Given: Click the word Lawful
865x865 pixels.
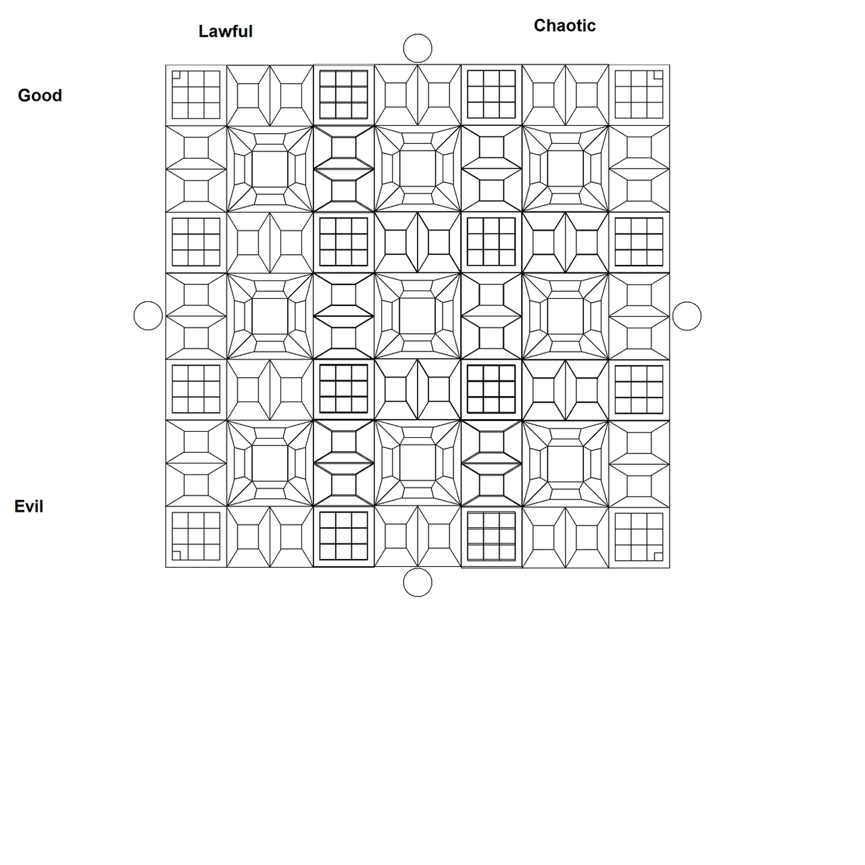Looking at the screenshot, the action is [225, 31].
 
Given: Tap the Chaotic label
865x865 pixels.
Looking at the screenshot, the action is [565, 26].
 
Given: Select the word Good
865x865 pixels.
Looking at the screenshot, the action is [40, 95].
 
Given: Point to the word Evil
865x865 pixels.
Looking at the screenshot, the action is [29, 506].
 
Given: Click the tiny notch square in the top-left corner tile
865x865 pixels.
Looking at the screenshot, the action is [176, 74].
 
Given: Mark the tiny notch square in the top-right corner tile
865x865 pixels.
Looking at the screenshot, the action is [658, 74].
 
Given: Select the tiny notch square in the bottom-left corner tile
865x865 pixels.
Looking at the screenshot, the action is [176, 556].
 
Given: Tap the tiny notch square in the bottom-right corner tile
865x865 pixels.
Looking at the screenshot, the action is [658, 557].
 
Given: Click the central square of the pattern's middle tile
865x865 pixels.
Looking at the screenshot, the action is [418, 316].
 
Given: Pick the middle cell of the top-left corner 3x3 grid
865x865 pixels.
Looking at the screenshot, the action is [196, 95].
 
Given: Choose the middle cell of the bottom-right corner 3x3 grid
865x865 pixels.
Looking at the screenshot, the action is [639, 537].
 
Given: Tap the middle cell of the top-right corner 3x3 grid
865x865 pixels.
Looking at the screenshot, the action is [639, 95].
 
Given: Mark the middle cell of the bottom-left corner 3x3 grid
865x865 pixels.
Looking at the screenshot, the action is [196, 537].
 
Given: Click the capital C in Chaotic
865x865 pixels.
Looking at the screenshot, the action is [540, 26].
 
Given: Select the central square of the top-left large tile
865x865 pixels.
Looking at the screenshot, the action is [270, 169].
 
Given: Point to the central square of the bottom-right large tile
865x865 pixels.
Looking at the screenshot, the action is [565, 464].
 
